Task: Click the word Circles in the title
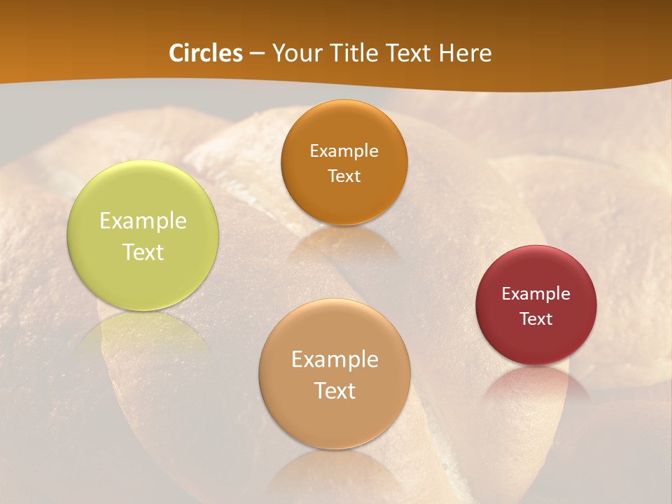pyautogui.click(x=206, y=53)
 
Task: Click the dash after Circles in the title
pyautogui.click(x=257, y=54)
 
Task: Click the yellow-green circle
pyautogui.click(x=143, y=236)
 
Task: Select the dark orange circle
pyautogui.click(x=344, y=162)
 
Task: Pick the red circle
pyautogui.click(x=536, y=305)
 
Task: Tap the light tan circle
pyautogui.click(x=335, y=374)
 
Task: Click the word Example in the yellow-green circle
pyautogui.click(x=143, y=221)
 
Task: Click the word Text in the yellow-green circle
pyautogui.click(x=143, y=252)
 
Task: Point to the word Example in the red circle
pyautogui.click(x=536, y=294)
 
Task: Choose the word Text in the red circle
pyautogui.click(x=536, y=319)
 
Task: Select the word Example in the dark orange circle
pyautogui.click(x=344, y=151)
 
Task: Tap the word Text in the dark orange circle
pyautogui.click(x=344, y=176)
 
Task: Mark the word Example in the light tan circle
pyautogui.click(x=335, y=360)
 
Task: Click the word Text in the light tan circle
pyautogui.click(x=335, y=391)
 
